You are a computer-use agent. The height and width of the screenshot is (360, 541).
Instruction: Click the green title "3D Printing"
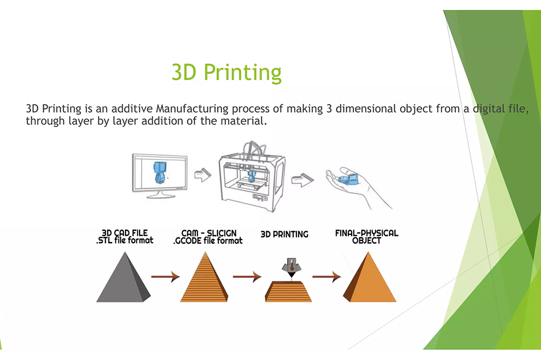227,72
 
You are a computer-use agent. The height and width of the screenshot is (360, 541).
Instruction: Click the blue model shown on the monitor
160,171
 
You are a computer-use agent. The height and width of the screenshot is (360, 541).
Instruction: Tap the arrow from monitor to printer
202,176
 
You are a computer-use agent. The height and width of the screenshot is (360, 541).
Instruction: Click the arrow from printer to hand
300,178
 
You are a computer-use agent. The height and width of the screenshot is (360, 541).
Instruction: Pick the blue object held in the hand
347,178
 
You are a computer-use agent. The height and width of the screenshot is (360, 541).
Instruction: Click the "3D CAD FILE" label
124,233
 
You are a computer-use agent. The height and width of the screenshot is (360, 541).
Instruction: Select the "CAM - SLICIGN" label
208,233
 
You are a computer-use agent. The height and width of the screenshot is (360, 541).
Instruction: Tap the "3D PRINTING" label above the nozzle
285,234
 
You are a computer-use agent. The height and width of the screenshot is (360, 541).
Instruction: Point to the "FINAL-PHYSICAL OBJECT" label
367,237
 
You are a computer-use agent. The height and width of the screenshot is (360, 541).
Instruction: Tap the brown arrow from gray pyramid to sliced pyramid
165,277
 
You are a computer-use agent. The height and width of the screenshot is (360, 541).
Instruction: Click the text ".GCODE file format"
208,241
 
